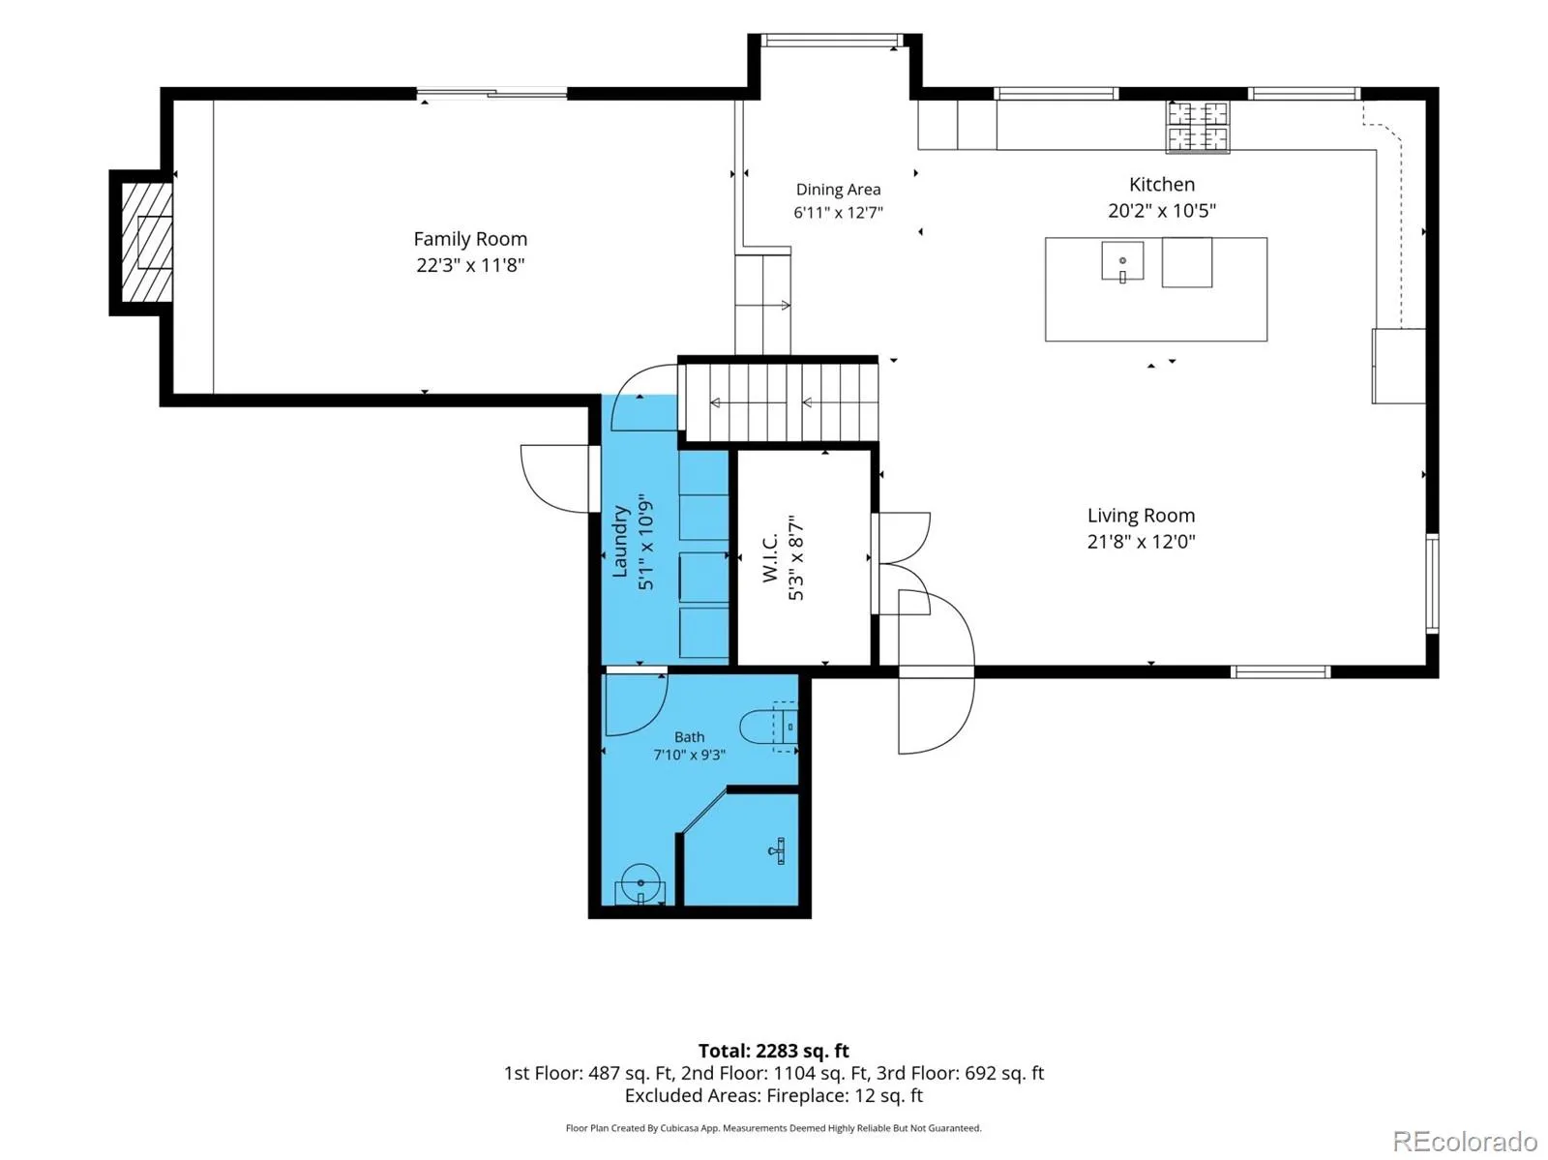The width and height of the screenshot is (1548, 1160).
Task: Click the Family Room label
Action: (x=469, y=239)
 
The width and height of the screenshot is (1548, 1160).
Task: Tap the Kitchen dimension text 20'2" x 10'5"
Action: (x=1162, y=210)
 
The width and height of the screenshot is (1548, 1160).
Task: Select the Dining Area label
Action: (x=838, y=189)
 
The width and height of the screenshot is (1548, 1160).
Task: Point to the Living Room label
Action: (x=1141, y=516)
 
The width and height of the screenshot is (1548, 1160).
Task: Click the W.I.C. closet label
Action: (x=769, y=557)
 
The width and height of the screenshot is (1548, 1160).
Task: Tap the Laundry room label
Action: (x=620, y=541)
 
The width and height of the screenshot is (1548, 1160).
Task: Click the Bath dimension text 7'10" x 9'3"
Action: (x=689, y=755)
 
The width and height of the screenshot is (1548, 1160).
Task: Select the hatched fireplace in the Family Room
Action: (x=147, y=243)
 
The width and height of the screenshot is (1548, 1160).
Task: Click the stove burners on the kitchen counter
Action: (x=1198, y=127)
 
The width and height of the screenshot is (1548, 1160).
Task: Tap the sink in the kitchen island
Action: (x=1122, y=261)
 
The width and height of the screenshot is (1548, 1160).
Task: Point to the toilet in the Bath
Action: (x=769, y=727)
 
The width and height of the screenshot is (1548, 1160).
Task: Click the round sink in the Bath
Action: (x=640, y=883)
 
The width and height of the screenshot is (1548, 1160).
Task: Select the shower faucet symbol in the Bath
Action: (x=778, y=850)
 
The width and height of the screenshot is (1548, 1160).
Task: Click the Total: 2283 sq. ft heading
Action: (x=774, y=1051)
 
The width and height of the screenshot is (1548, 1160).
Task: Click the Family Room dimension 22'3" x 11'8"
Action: (x=470, y=265)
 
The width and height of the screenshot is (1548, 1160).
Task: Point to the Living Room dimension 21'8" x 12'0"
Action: (x=1141, y=542)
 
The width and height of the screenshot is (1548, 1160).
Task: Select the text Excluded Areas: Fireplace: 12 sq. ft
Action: (x=774, y=1095)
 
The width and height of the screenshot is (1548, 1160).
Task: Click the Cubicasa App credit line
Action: (x=774, y=1128)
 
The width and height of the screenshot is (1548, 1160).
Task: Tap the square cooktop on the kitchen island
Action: (x=1187, y=262)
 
